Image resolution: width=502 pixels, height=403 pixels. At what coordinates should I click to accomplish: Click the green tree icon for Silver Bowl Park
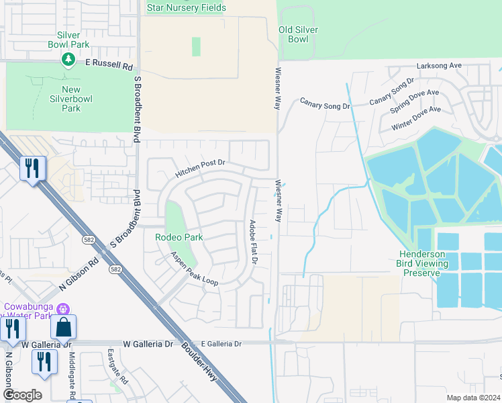(x=68, y=60)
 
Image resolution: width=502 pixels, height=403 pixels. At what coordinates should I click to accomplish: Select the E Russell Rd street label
(x=109, y=65)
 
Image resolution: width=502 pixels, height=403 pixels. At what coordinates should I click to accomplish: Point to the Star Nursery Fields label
(x=186, y=7)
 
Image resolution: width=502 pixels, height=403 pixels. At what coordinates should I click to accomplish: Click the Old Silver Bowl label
(x=298, y=34)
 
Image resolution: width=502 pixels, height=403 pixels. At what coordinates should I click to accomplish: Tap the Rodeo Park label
(x=179, y=237)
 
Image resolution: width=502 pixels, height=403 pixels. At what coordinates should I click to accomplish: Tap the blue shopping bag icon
(x=64, y=327)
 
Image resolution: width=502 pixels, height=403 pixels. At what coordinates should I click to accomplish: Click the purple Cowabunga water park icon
(x=63, y=310)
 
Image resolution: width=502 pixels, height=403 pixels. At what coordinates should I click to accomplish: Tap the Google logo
(x=22, y=395)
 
